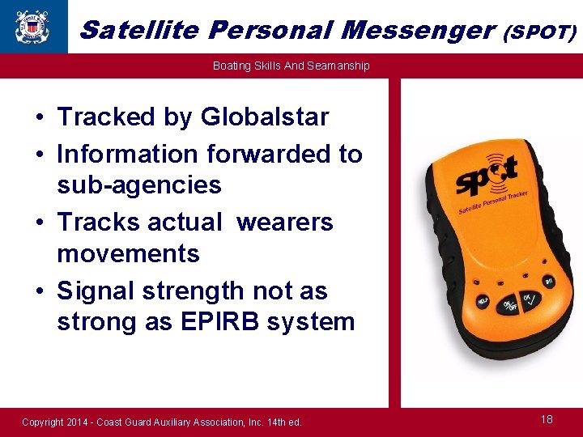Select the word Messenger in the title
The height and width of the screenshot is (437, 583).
(x=418, y=30)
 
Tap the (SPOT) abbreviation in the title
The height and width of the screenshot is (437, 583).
(x=540, y=32)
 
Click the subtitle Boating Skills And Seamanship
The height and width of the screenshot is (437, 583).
(x=291, y=66)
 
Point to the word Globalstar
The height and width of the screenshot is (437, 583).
(x=265, y=117)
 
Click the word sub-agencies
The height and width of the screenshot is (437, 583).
(x=138, y=185)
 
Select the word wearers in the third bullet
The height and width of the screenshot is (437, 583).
(x=284, y=222)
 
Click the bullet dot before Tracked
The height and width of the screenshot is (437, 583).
(x=39, y=118)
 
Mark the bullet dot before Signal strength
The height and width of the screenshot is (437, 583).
(x=39, y=291)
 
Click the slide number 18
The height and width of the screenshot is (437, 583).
(x=547, y=419)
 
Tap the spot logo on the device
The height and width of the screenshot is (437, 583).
(x=486, y=172)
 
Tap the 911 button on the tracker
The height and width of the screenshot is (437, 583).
(x=548, y=280)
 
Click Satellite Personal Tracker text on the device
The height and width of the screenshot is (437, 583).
(x=493, y=201)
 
